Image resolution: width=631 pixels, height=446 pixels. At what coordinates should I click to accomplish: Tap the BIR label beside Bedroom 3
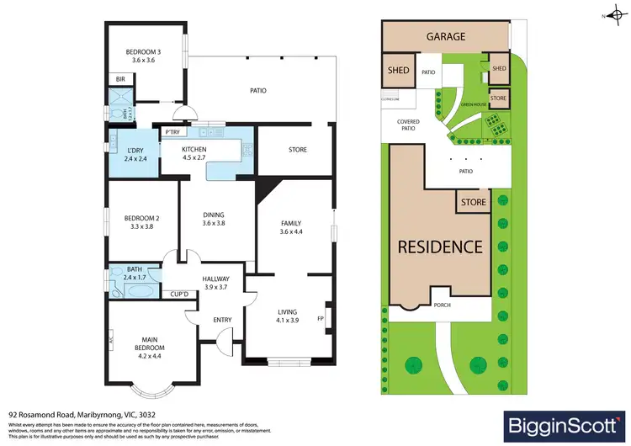click(x=119, y=80)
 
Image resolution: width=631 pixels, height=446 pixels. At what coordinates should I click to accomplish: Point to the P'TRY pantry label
click(x=173, y=132)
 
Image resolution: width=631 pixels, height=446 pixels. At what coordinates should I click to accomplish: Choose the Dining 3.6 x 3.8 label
click(x=215, y=218)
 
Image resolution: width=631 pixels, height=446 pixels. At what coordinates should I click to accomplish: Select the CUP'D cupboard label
click(x=178, y=294)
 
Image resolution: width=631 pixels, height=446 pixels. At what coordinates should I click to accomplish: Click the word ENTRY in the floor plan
click(x=199, y=319)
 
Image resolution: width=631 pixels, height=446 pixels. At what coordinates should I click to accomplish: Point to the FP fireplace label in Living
click(x=320, y=319)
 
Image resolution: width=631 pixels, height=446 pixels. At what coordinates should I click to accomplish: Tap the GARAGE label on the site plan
click(x=446, y=37)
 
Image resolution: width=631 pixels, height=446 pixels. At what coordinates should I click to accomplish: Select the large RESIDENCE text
click(x=440, y=247)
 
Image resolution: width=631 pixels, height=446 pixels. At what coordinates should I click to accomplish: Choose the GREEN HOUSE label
click(x=473, y=105)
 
